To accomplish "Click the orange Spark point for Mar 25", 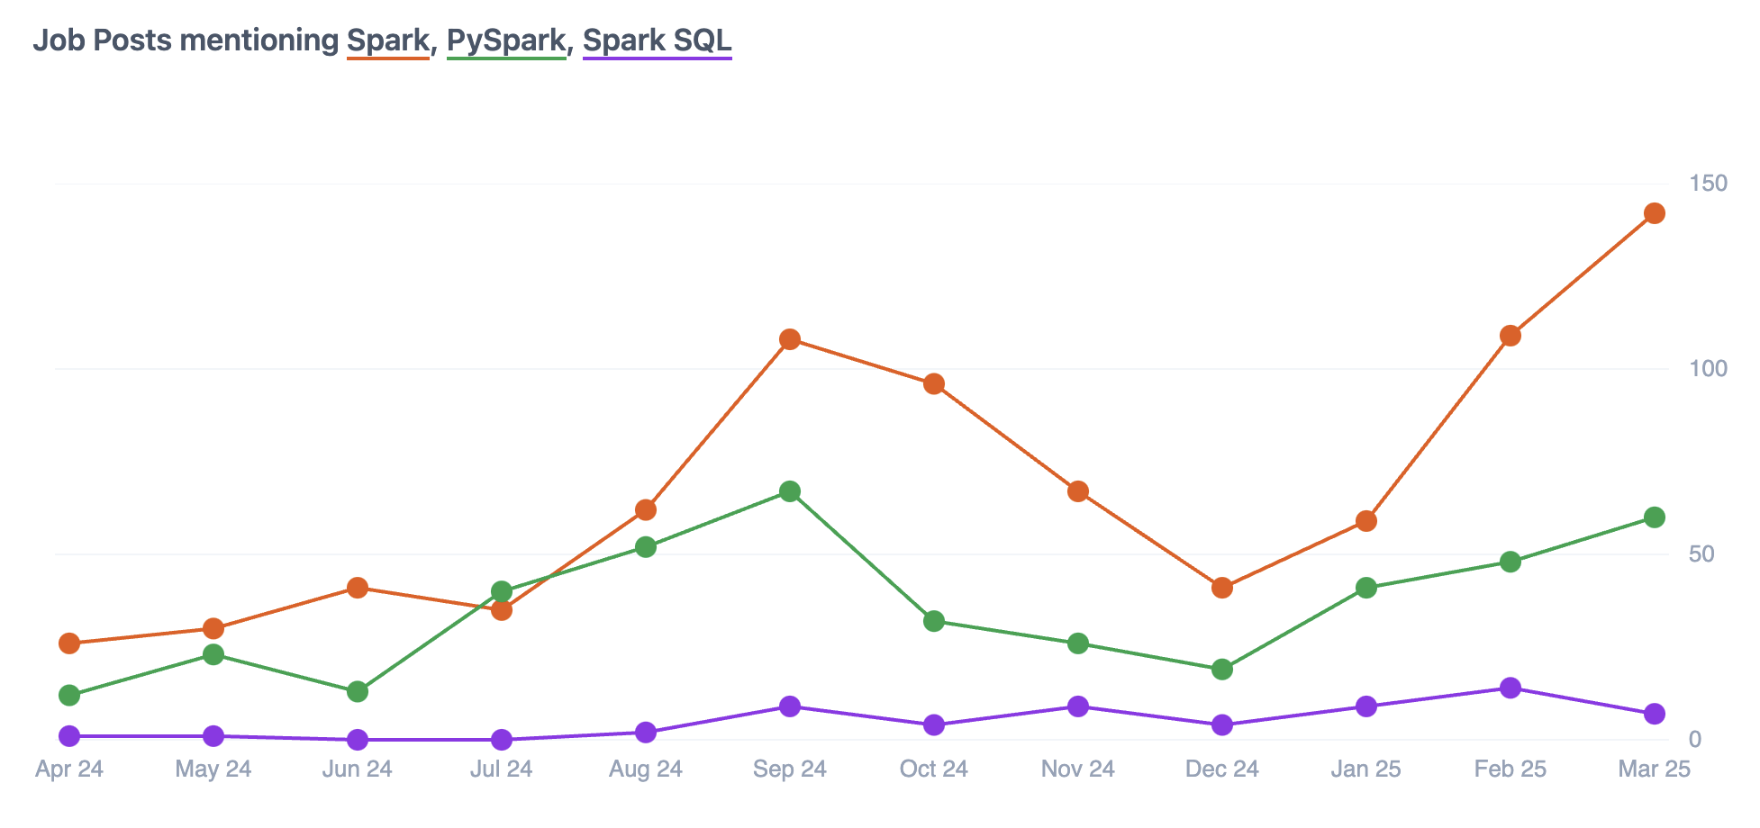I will [1654, 213].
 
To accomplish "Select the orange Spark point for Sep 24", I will [790, 339].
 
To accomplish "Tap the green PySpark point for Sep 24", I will [790, 491].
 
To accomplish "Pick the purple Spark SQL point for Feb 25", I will [1511, 688].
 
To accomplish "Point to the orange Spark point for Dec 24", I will [1222, 588].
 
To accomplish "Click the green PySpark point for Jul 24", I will [502, 591].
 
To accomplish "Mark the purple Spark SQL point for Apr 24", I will [69, 736].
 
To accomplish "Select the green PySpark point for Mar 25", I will [1654, 517].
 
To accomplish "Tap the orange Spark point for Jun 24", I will [358, 588].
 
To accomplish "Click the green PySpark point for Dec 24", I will [1222, 670].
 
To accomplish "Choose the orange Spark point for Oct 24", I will [934, 384].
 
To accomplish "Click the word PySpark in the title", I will [506, 40].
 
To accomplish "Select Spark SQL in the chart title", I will [657, 40].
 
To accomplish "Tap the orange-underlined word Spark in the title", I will [388, 40].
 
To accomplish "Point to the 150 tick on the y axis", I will [1709, 184].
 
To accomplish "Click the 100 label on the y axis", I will [1709, 369].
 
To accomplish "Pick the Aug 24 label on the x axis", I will [646, 769].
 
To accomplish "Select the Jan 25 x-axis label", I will [1366, 769].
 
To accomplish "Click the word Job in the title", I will [59, 40].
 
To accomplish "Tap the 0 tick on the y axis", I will [1695, 740].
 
